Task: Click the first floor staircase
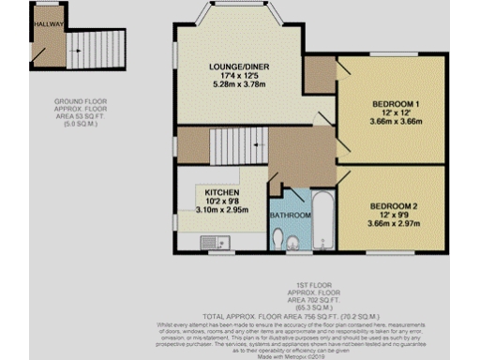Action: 232,146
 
